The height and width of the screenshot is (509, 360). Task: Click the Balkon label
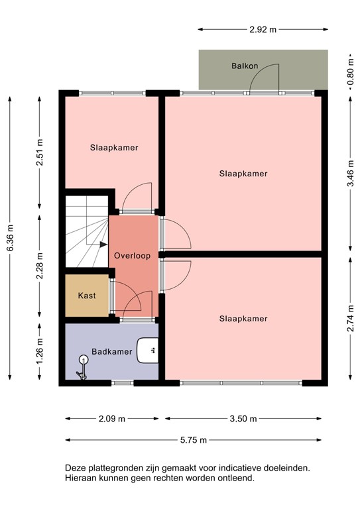(245, 66)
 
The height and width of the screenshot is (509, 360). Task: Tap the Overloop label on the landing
(132, 255)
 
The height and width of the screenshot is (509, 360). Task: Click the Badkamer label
(109, 351)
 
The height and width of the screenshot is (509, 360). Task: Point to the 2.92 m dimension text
(263, 30)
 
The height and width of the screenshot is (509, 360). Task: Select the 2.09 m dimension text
(112, 419)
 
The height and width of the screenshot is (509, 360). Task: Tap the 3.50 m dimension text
(243, 419)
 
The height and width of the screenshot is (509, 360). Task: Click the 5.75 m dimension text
(194, 439)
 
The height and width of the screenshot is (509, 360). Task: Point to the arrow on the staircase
(102, 245)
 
